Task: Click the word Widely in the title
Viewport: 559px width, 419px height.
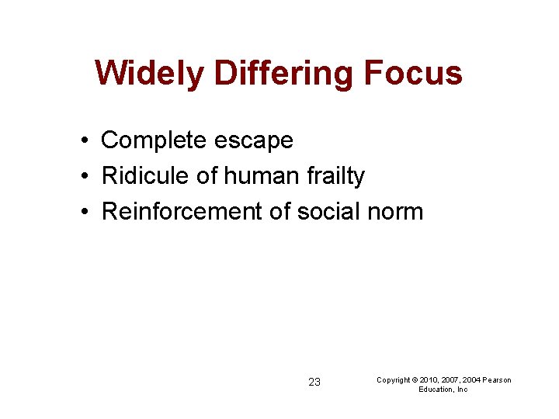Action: pyautogui.click(x=150, y=74)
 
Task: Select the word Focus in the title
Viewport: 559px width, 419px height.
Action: pyautogui.click(x=414, y=74)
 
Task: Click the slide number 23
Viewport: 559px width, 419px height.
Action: pyautogui.click(x=314, y=382)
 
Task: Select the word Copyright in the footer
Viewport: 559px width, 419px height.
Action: pyautogui.click(x=394, y=379)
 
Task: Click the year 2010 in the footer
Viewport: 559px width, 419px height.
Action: pyautogui.click(x=429, y=379)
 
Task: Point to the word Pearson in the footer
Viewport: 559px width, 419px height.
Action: pyautogui.click(x=498, y=379)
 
